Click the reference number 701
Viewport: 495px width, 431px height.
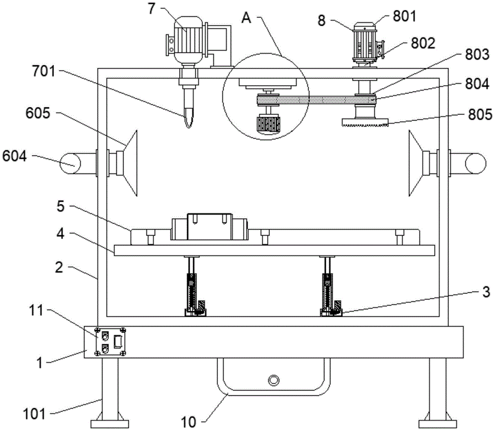tap(44, 72)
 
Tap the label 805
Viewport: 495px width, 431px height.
tap(480, 114)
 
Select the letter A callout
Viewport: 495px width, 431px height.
tap(246, 18)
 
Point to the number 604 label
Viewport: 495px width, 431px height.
tap(14, 156)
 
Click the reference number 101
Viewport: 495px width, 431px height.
tap(34, 414)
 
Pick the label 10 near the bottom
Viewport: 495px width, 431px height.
tap(189, 422)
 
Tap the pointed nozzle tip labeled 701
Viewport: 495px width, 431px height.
tap(189, 126)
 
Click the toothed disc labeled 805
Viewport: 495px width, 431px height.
tap(365, 122)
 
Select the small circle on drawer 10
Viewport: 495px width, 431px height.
tap(273, 380)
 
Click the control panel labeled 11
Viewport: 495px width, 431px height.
tap(110, 342)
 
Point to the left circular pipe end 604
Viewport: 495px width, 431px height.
tap(70, 163)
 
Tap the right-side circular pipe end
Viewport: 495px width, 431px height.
tap(475, 163)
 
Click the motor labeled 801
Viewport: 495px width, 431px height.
tap(365, 43)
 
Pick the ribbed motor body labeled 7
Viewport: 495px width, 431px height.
tap(189, 40)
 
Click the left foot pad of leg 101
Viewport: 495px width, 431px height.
tap(109, 423)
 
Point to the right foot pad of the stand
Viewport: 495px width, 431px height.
tap(438, 423)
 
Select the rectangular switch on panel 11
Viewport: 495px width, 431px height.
tap(118, 342)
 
